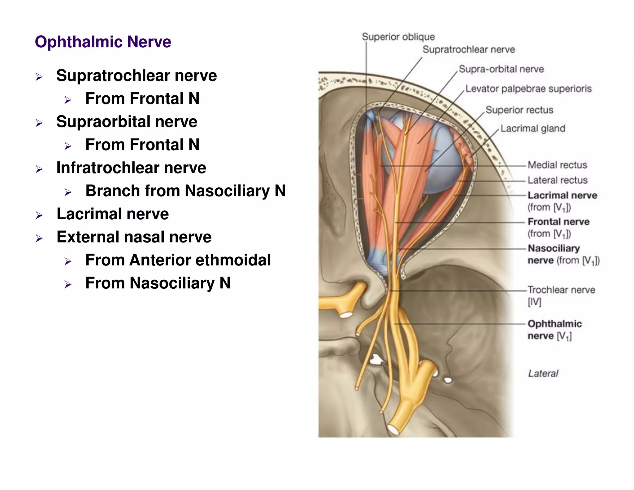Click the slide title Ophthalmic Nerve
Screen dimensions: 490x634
[x=103, y=42]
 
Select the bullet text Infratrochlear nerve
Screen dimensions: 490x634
[x=131, y=168]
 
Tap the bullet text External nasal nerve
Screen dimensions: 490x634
[x=134, y=237]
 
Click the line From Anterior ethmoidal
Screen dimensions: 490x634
[x=178, y=260]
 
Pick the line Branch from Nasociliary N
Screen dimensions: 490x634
[x=185, y=191]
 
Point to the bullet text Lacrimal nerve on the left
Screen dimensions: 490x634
[x=113, y=214]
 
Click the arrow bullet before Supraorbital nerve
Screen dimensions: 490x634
[x=39, y=123]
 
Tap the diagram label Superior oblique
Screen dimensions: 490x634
[x=398, y=37]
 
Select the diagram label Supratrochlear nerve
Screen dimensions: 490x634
[x=469, y=50]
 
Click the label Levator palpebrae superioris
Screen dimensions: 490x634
[x=528, y=89]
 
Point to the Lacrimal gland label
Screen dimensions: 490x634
[x=533, y=129]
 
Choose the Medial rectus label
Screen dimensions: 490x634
[x=557, y=165]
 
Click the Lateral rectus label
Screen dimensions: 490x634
[x=557, y=180]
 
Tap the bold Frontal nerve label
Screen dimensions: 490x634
[x=558, y=222]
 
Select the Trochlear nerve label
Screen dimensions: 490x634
[x=561, y=290]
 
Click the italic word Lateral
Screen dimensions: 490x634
[x=543, y=374]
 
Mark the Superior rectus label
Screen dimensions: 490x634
[x=519, y=110]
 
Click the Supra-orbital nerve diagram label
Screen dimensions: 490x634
[x=501, y=69]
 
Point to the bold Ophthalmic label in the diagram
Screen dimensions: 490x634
[x=555, y=324]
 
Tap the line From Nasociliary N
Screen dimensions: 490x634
[x=158, y=283]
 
